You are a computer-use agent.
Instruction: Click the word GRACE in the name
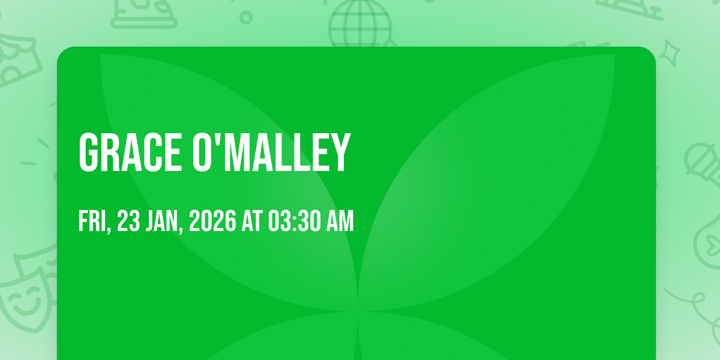pyautogui.click(x=130, y=152)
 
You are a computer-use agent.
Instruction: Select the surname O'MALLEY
pyautogui.click(x=271, y=152)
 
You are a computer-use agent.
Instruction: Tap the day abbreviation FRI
pyautogui.click(x=92, y=221)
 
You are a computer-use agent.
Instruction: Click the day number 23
pyautogui.click(x=128, y=221)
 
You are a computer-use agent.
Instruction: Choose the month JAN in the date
pyautogui.click(x=161, y=221)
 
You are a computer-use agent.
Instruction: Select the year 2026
pyautogui.click(x=212, y=221)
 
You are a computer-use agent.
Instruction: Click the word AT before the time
pyautogui.click(x=252, y=221)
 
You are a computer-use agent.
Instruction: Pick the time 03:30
pyautogui.click(x=295, y=221)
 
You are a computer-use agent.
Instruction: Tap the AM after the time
pyautogui.click(x=340, y=221)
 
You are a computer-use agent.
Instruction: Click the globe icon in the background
pyautogui.click(x=360, y=23)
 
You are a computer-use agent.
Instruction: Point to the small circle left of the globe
pyautogui.click(x=246, y=17)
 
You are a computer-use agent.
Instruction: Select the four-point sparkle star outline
pyautogui.click(x=670, y=53)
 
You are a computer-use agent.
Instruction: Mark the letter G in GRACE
pyautogui.click(x=88, y=152)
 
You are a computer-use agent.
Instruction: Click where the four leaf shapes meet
pyautogui.click(x=358, y=311)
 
